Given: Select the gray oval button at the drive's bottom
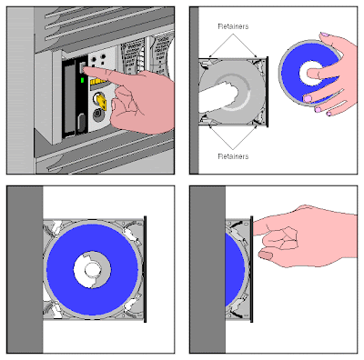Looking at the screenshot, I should click(81, 122).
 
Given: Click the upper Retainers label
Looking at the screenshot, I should click(234, 26).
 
